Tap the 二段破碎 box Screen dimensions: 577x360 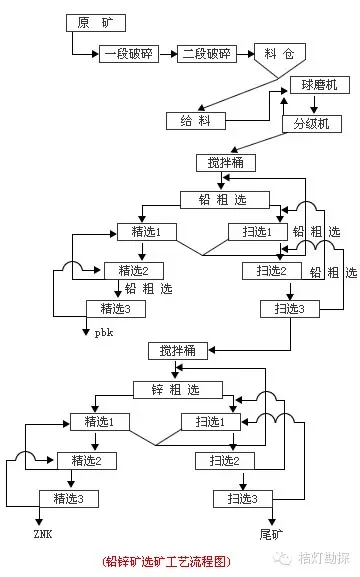(x=207, y=55)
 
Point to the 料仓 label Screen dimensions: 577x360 (x=271, y=54)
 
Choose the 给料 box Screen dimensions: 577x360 (x=196, y=120)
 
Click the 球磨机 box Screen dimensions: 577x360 (x=319, y=86)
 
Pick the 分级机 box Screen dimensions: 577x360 (x=311, y=124)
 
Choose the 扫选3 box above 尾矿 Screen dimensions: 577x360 (x=243, y=498)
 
